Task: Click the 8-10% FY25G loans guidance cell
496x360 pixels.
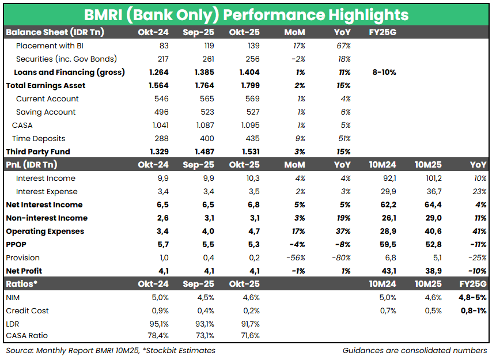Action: tap(384, 72)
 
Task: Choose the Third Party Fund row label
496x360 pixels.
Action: tap(37, 151)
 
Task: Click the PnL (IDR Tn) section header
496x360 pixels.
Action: tap(31, 165)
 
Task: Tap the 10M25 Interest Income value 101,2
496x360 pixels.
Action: tap(431, 178)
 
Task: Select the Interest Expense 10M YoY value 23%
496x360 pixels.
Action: tap(479, 191)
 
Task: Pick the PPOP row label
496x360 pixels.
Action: tap(16, 244)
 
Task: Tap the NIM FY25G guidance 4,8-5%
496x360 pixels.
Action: tap(472, 297)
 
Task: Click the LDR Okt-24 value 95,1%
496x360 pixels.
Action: tap(158, 324)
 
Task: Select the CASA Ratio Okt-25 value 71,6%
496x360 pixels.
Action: tap(249, 335)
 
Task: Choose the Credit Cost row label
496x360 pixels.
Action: tap(27, 310)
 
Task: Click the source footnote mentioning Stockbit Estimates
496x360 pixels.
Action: tap(110, 350)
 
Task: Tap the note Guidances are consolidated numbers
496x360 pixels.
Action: tap(414, 350)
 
